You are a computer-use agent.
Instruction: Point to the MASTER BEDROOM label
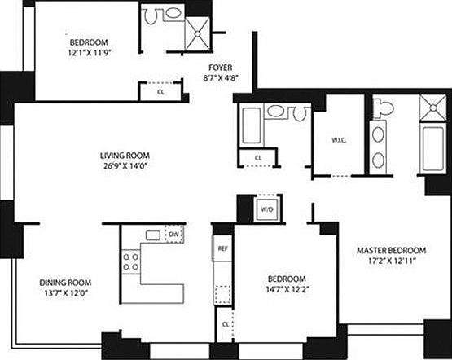(x=392, y=250)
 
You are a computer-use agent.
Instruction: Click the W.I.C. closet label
(x=340, y=139)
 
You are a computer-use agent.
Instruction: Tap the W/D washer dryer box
(x=267, y=209)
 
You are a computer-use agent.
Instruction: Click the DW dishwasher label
(x=173, y=235)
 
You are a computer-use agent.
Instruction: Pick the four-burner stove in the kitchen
(x=131, y=261)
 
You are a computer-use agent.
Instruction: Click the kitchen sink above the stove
(x=152, y=236)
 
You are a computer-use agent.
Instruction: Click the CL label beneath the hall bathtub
(x=258, y=157)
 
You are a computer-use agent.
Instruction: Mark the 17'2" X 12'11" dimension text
(x=392, y=261)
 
